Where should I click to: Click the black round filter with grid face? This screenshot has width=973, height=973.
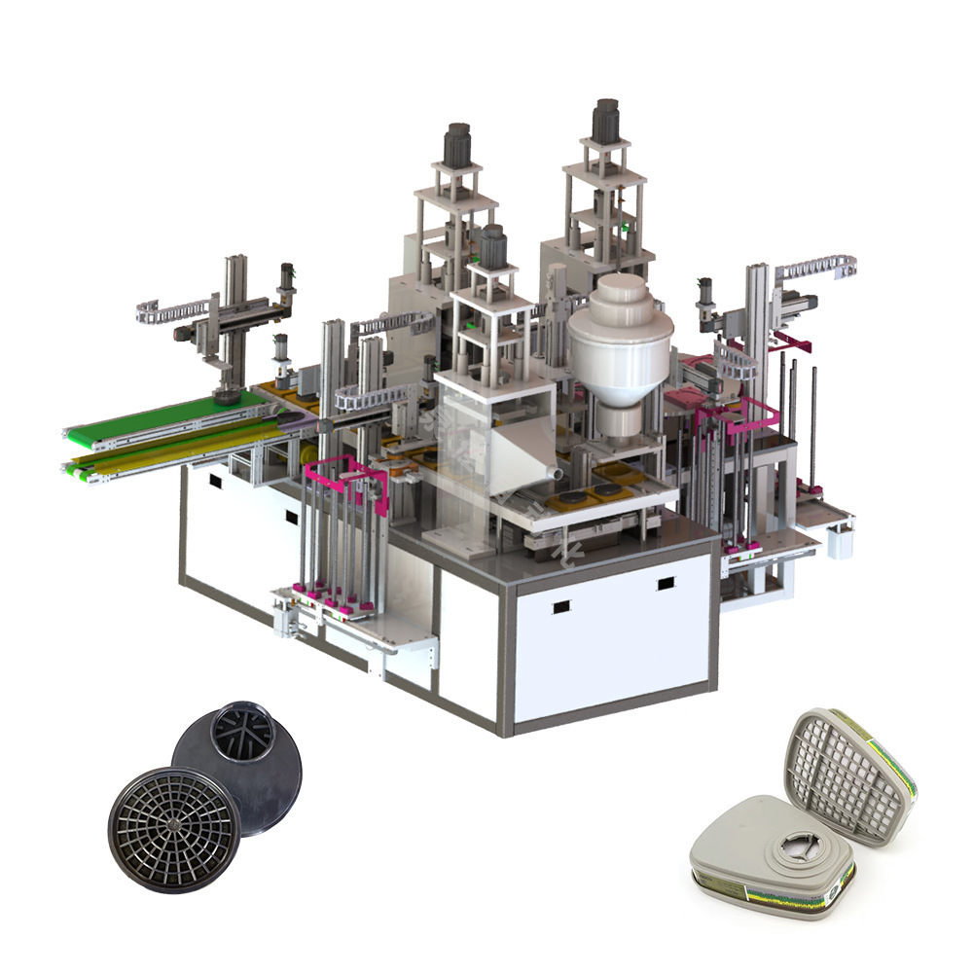tap(174, 826)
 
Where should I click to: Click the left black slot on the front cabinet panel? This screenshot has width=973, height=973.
tap(560, 607)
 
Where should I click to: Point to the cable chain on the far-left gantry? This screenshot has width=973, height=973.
tap(165, 311)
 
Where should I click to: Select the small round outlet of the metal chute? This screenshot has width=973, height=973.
tap(555, 472)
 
